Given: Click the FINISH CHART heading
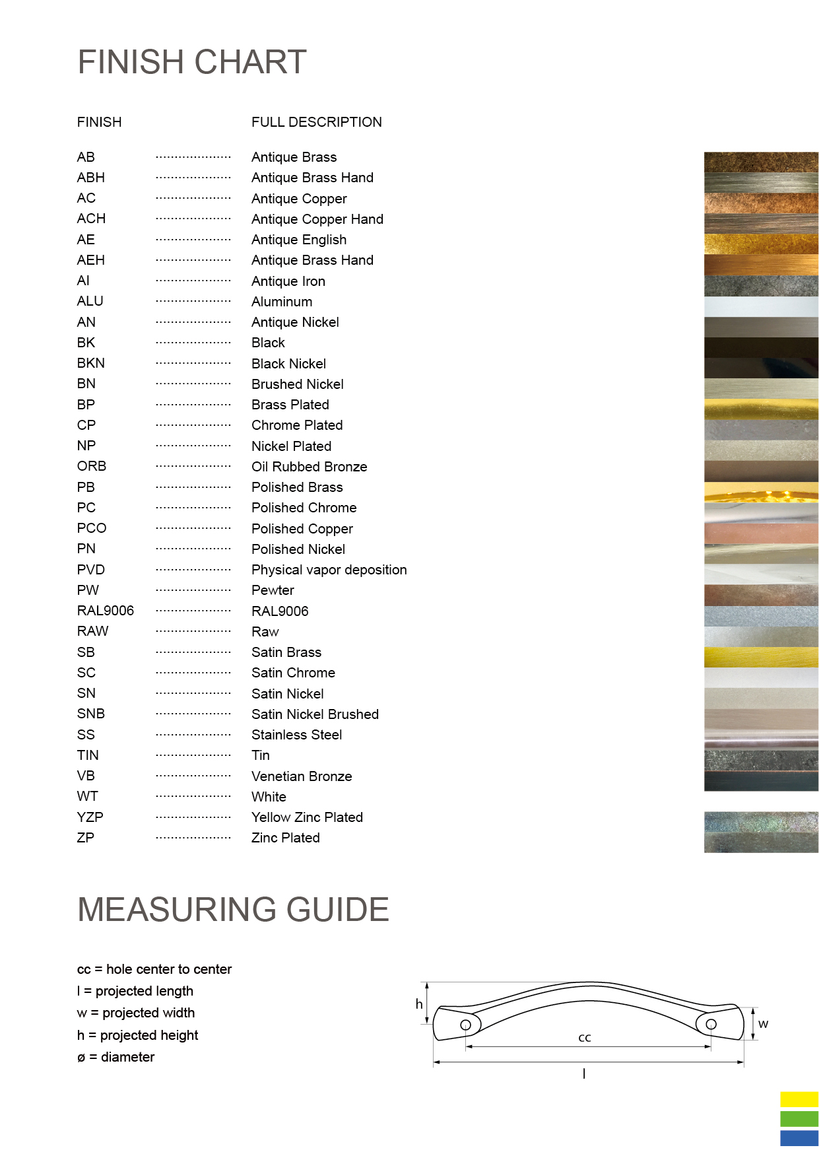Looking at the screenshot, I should coord(192,62).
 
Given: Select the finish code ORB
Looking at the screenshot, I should coord(92,466).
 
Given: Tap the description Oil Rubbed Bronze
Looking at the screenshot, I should coord(309,467).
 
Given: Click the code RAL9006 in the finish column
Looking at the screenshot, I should coord(106,611).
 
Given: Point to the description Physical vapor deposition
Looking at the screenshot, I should coord(329,570).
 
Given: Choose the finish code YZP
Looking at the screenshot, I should coord(90,817).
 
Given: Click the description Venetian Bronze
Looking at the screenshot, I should coord(302,776).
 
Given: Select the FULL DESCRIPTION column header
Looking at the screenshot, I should coord(317,122).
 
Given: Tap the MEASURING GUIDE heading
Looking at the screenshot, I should coord(233,910).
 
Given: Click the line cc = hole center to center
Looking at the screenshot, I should coord(154,969).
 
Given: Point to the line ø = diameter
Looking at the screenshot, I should coord(116,1057).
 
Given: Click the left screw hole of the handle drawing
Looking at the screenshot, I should coord(466,1025).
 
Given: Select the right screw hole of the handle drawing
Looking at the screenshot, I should coord(711,1024).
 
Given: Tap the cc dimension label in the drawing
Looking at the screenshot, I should coord(585,1038).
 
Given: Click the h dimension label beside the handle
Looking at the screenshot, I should coord(419,1004).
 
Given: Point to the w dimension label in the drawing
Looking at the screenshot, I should coord(764,1024).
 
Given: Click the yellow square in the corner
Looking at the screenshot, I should coord(799,1099).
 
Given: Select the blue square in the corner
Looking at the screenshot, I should coord(799,1138).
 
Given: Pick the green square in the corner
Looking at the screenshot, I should coord(799,1118).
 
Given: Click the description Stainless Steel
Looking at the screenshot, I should coord(297,735).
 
